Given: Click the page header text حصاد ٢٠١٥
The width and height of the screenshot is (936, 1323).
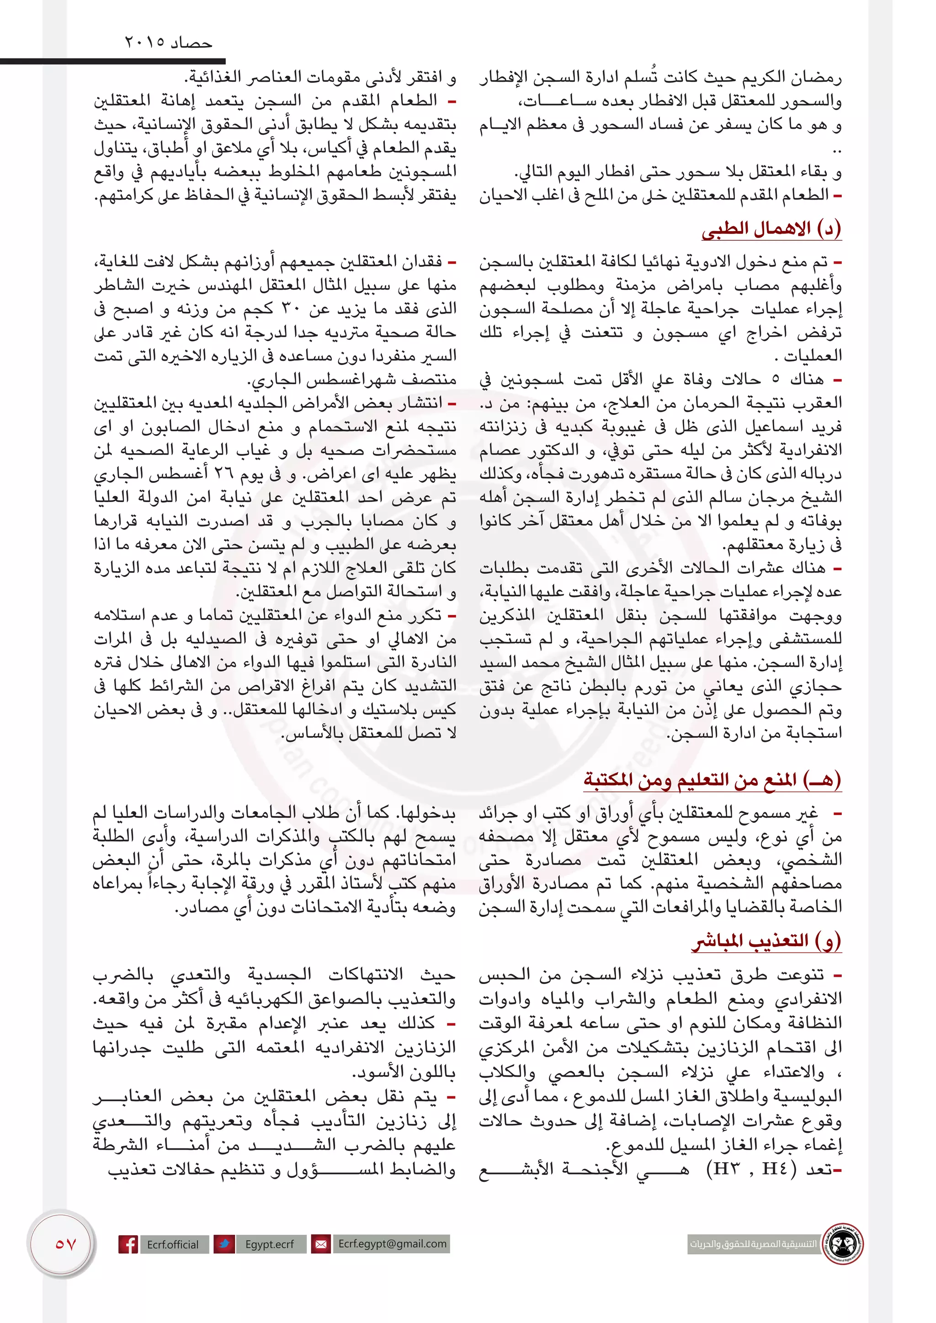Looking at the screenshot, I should click(x=168, y=42).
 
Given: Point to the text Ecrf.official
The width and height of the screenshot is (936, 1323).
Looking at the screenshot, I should click(x=172, y=1244).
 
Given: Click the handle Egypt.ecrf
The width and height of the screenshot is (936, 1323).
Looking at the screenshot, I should click(x=269, y=1244).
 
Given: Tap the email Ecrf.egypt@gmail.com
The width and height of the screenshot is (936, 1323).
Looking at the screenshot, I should click(x=392, y=1244).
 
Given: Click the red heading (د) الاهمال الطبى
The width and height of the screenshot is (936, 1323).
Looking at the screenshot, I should click(x=771, y=229).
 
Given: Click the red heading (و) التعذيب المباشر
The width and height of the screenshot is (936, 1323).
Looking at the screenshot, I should click(x=766, y=941).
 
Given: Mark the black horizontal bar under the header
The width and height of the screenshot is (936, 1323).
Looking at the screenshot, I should click(x=112, y=60).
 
